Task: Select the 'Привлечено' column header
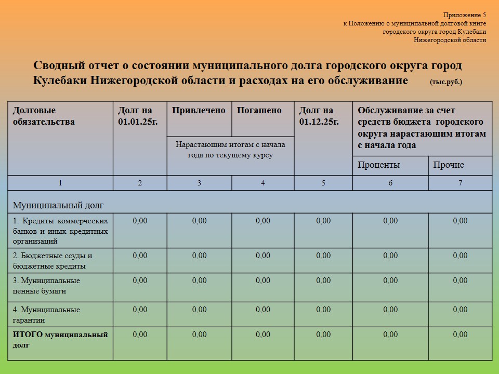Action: pyautogui.click(x=199, y=110)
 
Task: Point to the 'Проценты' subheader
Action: pyautogui.click(x=378, y=165)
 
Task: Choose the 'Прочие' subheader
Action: pyautogui.click(x=449, y=165)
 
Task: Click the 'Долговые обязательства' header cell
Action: pyautogui.click(x=44, y=116)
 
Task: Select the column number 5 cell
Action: pyautogui.click(x=323, y=183)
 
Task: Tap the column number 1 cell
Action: pyautogui.click(x=60, y=183)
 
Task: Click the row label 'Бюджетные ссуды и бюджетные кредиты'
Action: pyautogui.click(x=52, y=261)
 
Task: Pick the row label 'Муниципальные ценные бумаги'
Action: pyautogui.click(x=47, y=286)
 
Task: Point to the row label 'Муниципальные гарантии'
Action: pyautogui.click(x=47, y=315)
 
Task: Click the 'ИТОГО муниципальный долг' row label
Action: pyautogui.click(x=60, y=339)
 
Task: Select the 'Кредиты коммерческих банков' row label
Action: pyautogui.click(x=60, y=230)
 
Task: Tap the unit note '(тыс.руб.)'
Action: pyautogui.click(x=445, y=82)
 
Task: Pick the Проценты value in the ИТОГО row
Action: pyautogui.click(x=390, y=335)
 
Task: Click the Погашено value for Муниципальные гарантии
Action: pyautogui.click(x=263, y=310)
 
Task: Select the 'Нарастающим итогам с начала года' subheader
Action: pyautogui.click(x=230, y=150)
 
